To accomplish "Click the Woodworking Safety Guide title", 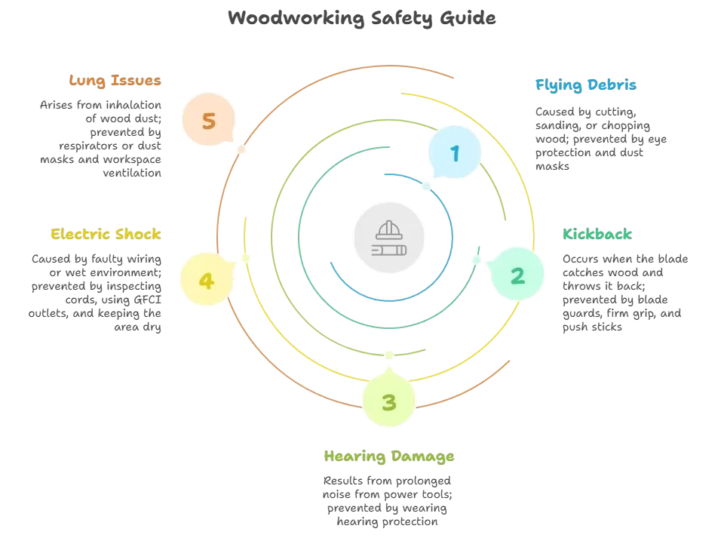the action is coord(361,18).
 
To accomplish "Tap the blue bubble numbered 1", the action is coord(455,152).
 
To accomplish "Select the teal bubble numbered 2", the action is coord(517,274).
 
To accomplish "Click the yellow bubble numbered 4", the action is coord(207,279).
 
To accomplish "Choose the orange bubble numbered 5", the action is coord(209,120).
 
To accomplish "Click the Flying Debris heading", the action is coord(585,85).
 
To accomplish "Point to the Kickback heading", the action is coord(597,234).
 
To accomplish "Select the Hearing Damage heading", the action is coord(389,456).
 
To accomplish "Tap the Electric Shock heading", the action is coord(106,234).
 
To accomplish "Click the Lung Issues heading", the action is coord(115,81).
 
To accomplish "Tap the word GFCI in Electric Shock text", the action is coord(147,300).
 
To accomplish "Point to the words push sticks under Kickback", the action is coord(592,327).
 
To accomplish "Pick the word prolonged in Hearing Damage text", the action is coord(423,481).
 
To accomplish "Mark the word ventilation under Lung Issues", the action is coord(132,174).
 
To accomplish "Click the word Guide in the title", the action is coord(468,18).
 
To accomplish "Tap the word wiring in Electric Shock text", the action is coord(144,259).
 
